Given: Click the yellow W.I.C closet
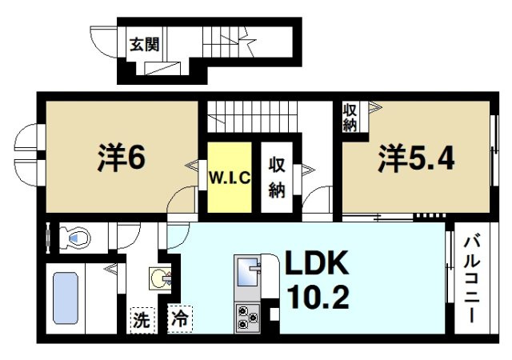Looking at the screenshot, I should tap(230, 177).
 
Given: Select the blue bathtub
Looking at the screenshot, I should tap(65, 298).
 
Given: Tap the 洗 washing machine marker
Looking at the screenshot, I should tap(141, 320).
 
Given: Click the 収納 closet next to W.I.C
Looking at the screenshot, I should tap(277, 177).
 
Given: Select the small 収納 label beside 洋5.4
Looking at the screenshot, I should tap(350, 118).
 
